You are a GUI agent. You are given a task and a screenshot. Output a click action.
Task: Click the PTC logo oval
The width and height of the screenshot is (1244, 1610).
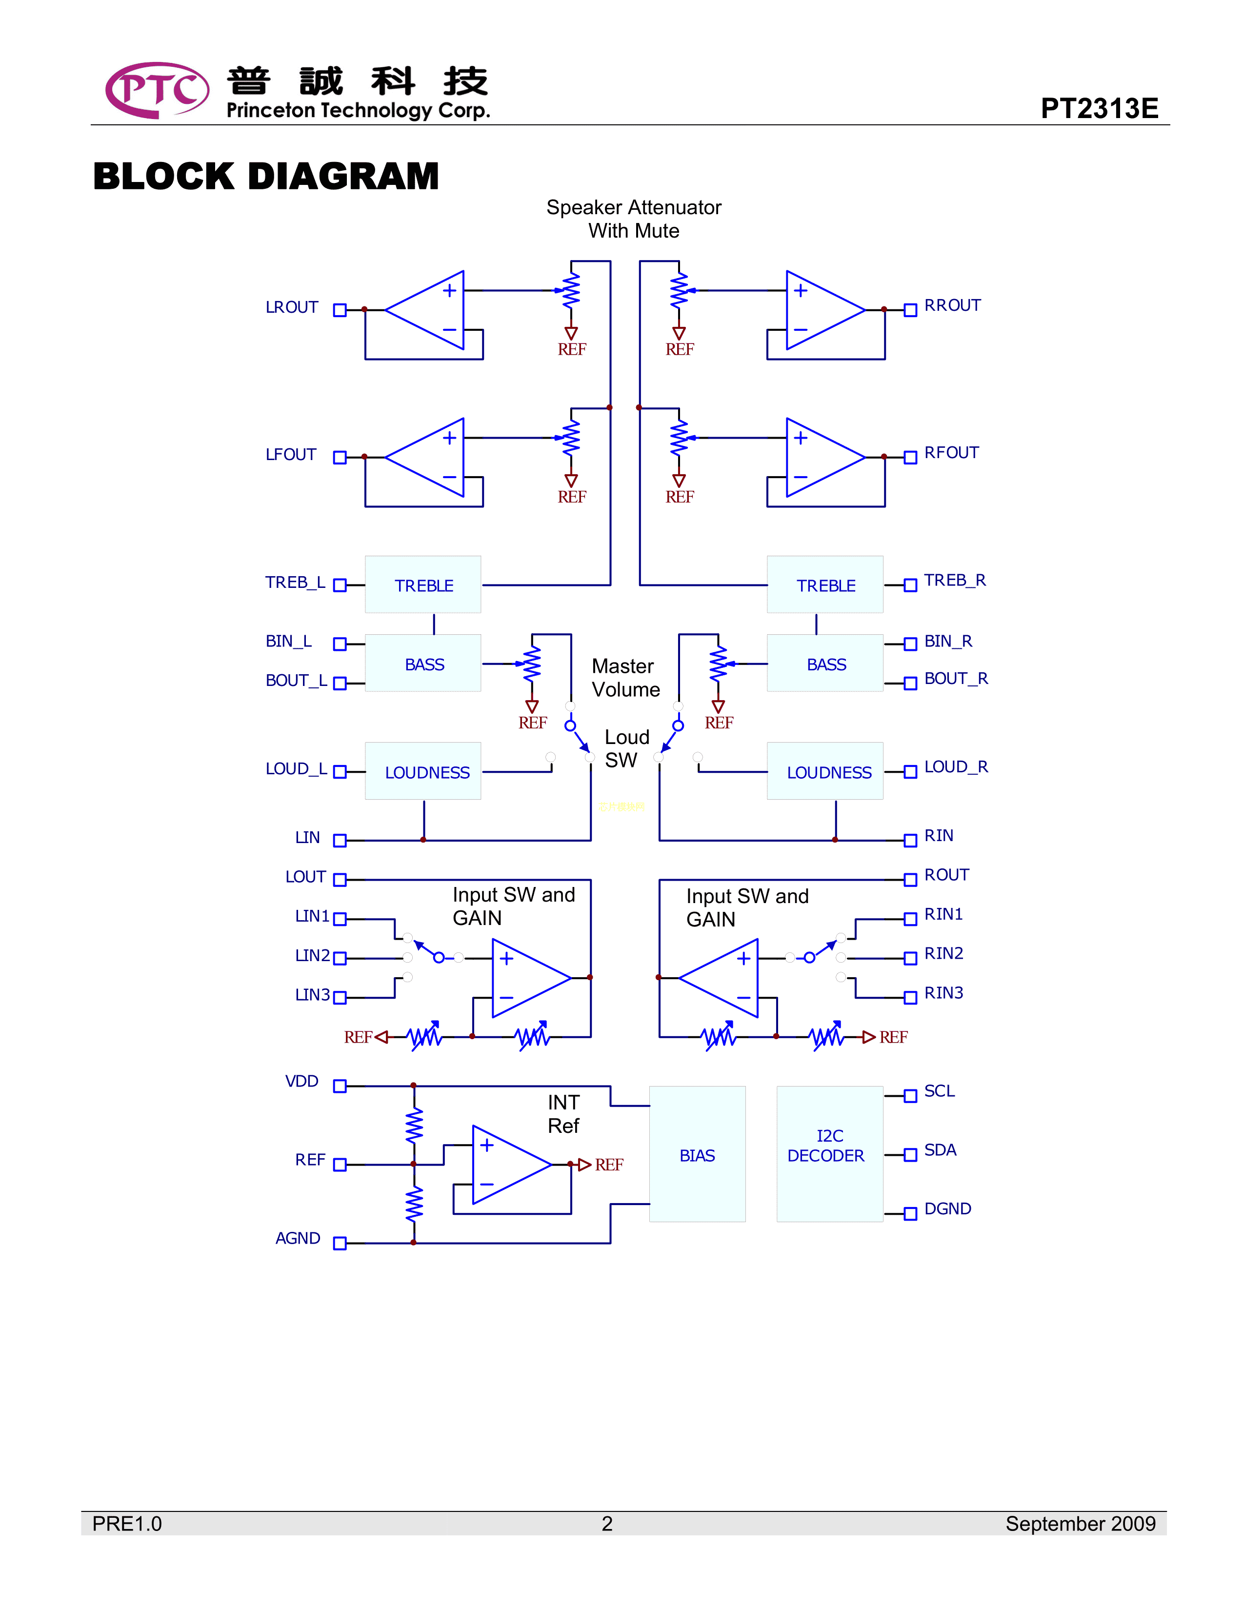[x=157, y=90]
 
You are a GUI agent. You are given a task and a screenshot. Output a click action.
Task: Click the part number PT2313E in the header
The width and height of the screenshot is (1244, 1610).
[x=1099, y=108]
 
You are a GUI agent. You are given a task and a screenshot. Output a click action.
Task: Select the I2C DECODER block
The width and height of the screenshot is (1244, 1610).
[x=829, y=1154]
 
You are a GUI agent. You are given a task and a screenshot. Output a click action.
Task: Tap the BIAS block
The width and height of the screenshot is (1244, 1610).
[x=697, y=1154]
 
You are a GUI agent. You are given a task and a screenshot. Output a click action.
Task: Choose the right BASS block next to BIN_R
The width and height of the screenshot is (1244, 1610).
[x=825, y=664]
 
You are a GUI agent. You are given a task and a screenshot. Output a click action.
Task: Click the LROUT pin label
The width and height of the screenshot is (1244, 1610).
[x=292, y=307]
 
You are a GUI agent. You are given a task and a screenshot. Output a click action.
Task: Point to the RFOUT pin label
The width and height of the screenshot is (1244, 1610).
[x=951, y=453]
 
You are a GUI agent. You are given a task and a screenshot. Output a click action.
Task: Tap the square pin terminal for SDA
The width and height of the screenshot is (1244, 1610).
[x=910, y=1154]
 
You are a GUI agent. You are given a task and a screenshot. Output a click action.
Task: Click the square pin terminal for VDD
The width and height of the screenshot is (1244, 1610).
[x=340, y=1086]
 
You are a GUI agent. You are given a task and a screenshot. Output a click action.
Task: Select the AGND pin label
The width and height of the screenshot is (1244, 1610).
[x=298, y=1238]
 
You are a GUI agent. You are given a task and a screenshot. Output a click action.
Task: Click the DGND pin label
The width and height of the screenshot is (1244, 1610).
[x=948, y=1209]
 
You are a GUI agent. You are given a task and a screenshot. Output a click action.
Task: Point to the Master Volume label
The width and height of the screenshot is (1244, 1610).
[x=626, y=678]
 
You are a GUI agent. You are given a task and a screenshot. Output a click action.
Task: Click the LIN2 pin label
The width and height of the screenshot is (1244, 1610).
[x=313, y=955]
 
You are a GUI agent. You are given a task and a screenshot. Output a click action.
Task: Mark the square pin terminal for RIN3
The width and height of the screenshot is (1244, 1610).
[x=910, y=997]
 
